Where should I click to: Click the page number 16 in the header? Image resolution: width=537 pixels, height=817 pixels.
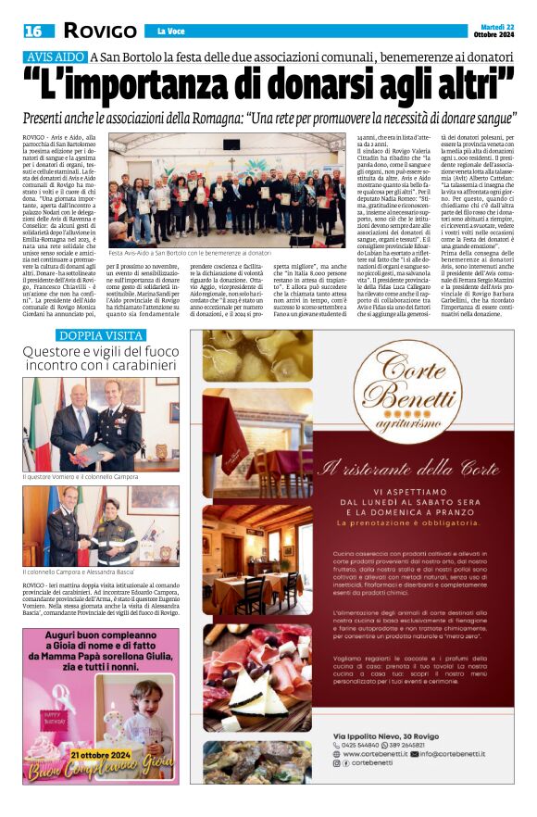tap(32, 31)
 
